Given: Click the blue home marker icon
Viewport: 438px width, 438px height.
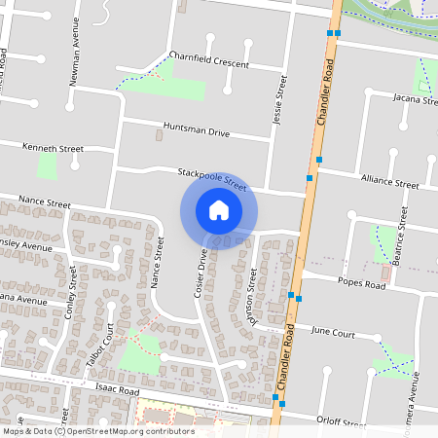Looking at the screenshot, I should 219,210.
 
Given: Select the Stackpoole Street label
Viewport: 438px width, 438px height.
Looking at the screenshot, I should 213,177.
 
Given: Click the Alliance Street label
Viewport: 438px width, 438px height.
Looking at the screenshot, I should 389,181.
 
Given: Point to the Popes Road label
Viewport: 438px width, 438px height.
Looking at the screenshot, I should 362,281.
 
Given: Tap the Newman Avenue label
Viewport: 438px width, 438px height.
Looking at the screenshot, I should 75,56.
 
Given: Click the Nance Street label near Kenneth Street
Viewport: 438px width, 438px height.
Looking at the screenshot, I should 44,204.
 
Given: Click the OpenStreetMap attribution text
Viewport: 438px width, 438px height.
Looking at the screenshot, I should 98,431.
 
